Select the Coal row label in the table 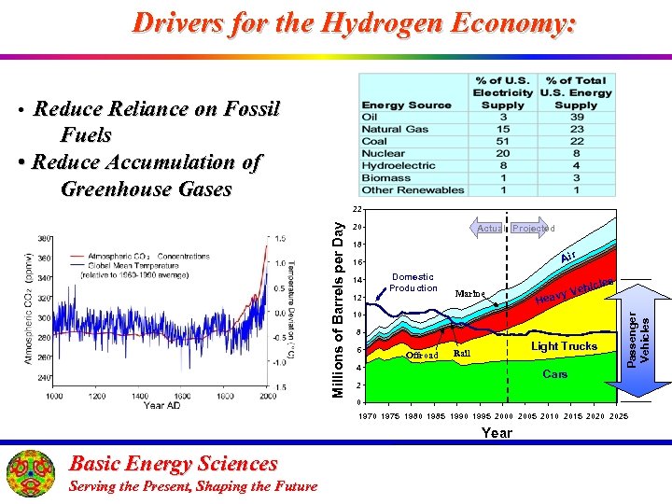pos(374,141)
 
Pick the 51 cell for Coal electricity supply pos(503,141)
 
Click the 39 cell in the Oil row pos(576,117)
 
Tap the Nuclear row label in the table pos(384,153)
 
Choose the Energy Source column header pos(406,105)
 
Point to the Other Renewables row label pos(413,189)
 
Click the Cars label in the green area pos(555,373)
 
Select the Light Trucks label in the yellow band pos(564,346)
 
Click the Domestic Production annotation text pos(413,282)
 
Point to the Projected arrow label pos(533,228)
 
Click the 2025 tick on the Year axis pos(618,415)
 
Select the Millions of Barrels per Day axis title pos(341,306)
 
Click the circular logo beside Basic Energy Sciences pos(32,473)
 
